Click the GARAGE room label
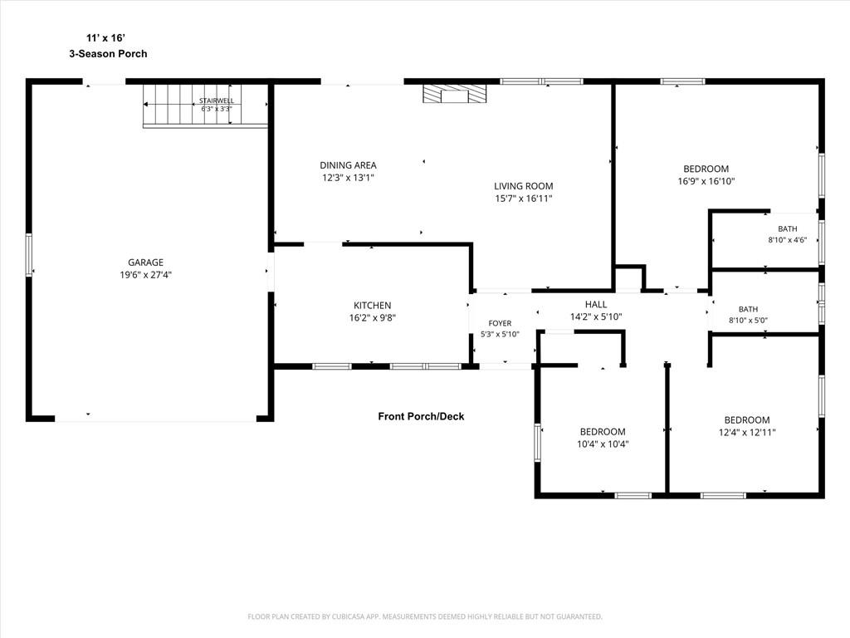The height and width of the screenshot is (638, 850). pos(145,263)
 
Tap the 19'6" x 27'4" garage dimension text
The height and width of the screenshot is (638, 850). pos(145,275)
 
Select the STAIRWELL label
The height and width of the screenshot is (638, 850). pos(217,101)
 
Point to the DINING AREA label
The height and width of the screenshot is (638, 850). pos(348,165)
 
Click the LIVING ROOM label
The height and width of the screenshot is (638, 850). pos(523,186)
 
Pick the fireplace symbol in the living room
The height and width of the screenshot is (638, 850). pos(455,93)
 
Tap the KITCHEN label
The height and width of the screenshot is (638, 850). pos(373,306)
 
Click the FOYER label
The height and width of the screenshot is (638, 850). pos(500,323)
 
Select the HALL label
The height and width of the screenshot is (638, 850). pos(596,304)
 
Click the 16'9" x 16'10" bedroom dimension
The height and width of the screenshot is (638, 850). pos(706,181)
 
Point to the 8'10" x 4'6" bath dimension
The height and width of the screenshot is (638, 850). pos(787,240)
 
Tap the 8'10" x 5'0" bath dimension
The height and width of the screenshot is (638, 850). pos(748,320)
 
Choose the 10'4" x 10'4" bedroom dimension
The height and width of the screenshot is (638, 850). pos(603,444)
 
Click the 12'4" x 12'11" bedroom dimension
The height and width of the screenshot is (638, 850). pos(747,432)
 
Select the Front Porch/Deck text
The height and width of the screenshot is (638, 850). pos(421,416)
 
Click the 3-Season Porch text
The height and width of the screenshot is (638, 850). pos(108,53)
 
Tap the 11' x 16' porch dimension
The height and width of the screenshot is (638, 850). pos(105,38)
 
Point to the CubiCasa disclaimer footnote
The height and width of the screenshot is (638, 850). pos(425,616)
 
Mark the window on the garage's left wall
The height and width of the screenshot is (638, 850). pos(29,255)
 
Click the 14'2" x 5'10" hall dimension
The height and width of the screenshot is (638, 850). pos(596,317)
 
